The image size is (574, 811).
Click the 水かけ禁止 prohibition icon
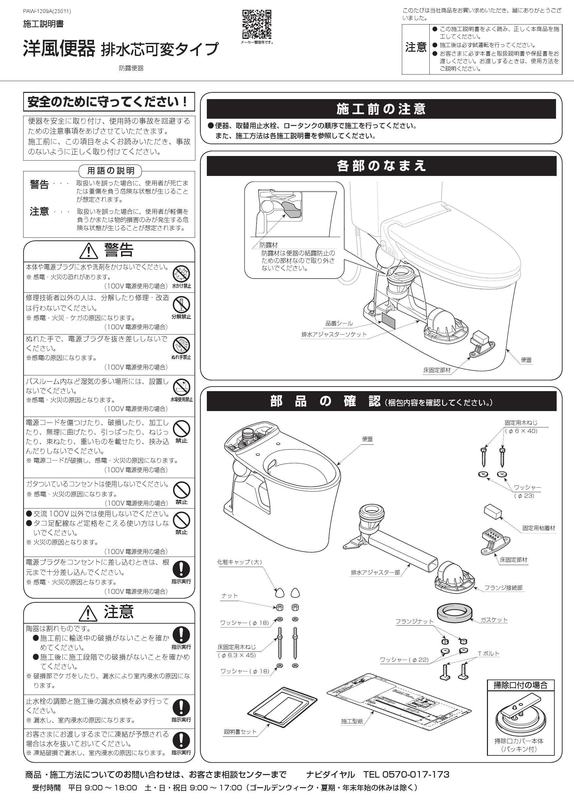[181, 274]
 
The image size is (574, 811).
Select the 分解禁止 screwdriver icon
[181, 304]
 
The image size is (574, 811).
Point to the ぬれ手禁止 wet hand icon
[181, 345]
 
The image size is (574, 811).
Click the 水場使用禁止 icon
[181, 387]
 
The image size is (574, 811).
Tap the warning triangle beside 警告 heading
[88, 251]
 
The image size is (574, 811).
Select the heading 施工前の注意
[381, 109]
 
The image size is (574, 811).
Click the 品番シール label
[339, 323]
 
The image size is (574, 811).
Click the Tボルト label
[489, 653]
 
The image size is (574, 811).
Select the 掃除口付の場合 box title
[520, 685]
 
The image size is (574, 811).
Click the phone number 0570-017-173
[416, 775]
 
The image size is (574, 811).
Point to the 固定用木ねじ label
[521, 423]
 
